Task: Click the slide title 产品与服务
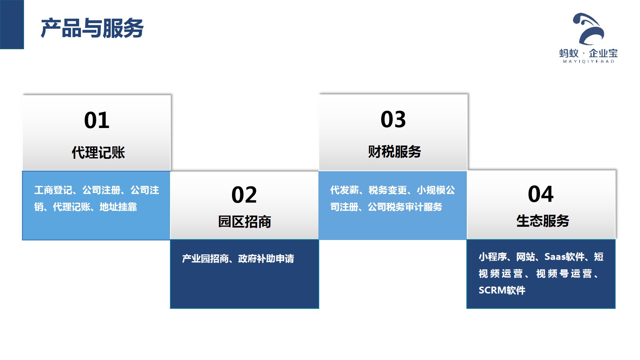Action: click(x=92, y=28)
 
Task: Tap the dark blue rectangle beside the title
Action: click(x=12, y=24)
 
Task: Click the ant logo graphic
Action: click(x=588, y=29)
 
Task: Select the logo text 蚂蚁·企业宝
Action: click(x=588, y=53)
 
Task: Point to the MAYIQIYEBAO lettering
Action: click(x=588, y=62)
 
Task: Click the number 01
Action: click(x=96, y=120)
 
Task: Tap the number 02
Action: click(x=244, y=195)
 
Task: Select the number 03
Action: click(x=393, y=119)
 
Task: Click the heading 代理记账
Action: click(x=98, y=152)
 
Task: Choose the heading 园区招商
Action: click(x=244, y=222)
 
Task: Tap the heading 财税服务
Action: click(x=394, y=152)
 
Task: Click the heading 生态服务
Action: click(x=542, y=220)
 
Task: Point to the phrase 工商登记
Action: click(x=53, y=190)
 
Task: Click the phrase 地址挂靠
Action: click(x=118, y=206)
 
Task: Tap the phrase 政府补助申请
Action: click(x=266, y=258)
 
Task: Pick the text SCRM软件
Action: click(x=502, y=290)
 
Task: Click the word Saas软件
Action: click(x=564, y=256)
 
